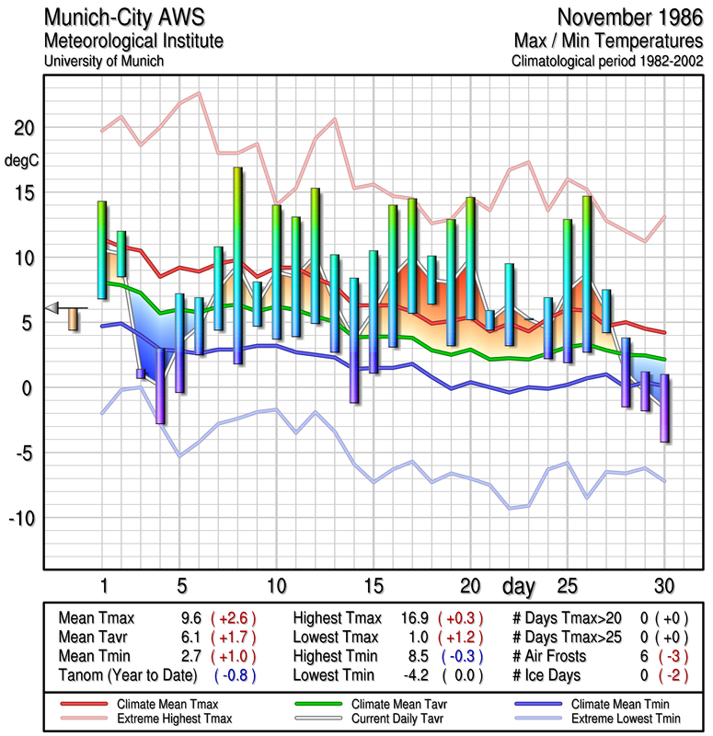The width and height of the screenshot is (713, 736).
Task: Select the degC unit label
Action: click(21, 161)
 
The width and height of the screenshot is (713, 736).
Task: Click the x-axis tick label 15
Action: click(374, 585)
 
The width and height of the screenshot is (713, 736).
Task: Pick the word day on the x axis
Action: click(520, 585)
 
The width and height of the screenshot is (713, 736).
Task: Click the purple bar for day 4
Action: click(160, 385)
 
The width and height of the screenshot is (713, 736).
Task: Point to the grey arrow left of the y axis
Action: click(52, 307)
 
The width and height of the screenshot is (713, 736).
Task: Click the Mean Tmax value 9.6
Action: click(190, 618)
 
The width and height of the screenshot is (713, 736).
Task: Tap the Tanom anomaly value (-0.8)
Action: click(234, 675)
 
